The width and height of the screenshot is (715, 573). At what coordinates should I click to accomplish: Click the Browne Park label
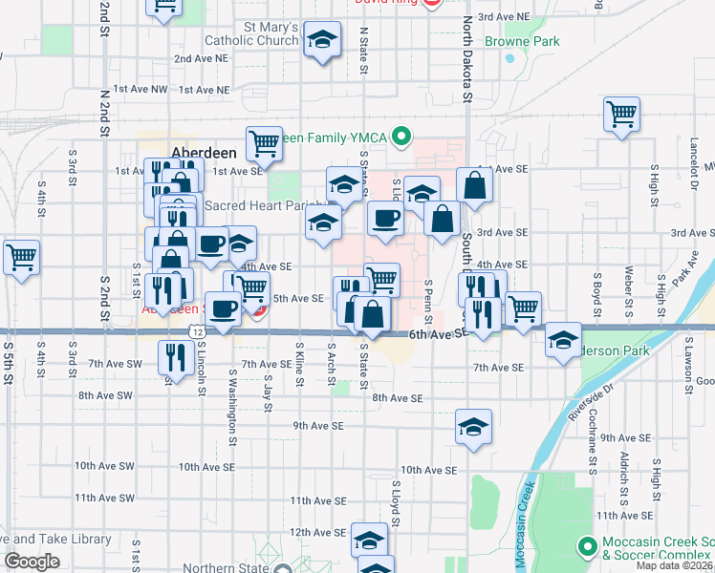521,42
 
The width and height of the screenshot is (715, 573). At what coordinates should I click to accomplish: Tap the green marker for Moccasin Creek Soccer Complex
588,547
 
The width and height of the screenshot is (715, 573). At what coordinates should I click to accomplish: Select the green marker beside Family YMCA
401,138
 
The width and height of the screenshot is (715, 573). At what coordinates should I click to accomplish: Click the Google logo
32,562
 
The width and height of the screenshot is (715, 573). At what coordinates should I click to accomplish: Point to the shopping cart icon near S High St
621,116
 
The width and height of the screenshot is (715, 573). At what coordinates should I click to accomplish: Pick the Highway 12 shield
197,329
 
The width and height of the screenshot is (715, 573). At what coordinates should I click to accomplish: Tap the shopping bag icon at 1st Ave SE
474,186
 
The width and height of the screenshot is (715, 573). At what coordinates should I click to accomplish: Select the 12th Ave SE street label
317,532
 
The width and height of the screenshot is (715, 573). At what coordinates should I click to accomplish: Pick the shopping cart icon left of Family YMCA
264,144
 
